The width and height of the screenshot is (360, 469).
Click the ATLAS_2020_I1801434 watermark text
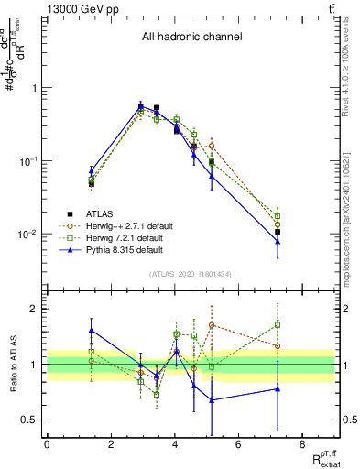(191, 275)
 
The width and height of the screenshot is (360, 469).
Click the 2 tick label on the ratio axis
(37, 309)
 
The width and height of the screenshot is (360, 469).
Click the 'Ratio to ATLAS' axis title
(13, 365)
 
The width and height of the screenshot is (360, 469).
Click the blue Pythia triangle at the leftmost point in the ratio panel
(92, 331)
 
